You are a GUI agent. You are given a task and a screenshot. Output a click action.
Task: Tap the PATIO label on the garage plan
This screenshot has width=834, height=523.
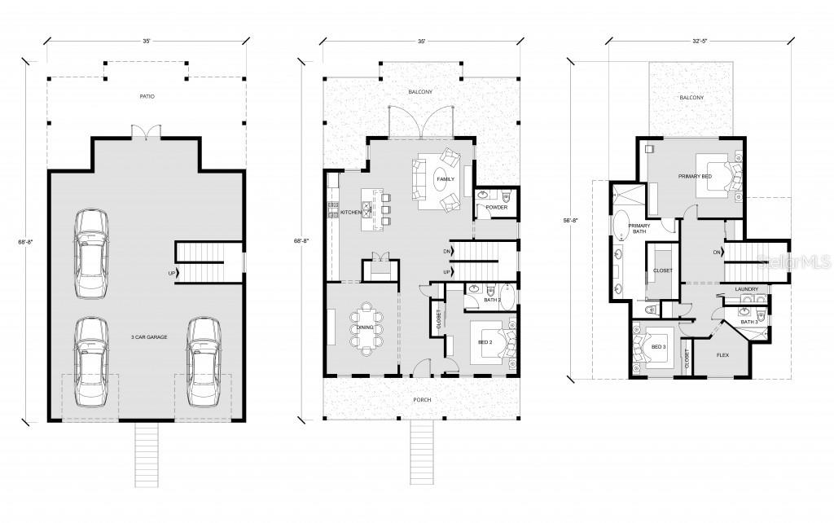click(146, 97)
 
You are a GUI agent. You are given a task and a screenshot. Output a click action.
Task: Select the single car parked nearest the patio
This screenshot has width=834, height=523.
click(90, 253)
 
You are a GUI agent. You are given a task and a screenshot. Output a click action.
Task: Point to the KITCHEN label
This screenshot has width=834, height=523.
click(351, 213)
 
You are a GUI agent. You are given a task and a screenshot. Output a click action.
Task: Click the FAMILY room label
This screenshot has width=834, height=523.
click(445, 178)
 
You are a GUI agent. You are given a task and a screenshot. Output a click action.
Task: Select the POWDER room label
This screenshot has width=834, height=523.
click(496, 208)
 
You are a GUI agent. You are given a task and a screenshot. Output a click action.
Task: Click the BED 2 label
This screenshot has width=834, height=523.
click(485, 343)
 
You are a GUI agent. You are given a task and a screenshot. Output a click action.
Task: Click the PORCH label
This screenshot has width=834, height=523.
click(422, 400)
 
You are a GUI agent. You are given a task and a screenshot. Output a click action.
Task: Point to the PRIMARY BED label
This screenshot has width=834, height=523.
click(695, 176)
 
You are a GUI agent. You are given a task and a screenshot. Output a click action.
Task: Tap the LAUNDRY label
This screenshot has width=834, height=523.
click(746, 289)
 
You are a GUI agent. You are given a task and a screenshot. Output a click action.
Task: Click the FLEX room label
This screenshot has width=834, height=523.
click(722, 355)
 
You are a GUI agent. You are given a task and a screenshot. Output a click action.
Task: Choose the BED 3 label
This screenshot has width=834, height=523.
click(658, 347)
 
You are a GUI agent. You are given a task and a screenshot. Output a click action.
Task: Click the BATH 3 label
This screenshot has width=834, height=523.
click(749, 322)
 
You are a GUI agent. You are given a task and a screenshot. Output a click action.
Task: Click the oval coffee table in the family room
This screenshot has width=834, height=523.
click(445, 184)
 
